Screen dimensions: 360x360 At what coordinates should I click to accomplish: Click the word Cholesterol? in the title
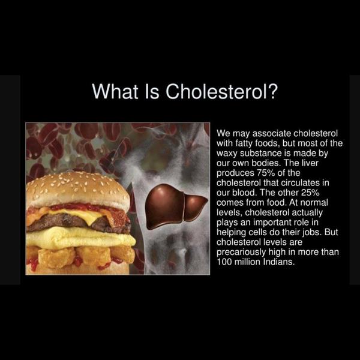tap(221, 91)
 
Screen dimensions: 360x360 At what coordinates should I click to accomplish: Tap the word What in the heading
tap(115, 91)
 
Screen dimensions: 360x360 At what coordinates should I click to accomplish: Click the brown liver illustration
tap(176, 206)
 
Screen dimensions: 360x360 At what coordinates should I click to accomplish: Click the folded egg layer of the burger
tap(80, 238)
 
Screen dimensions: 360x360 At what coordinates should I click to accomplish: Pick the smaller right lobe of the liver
tap(195, 208)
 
